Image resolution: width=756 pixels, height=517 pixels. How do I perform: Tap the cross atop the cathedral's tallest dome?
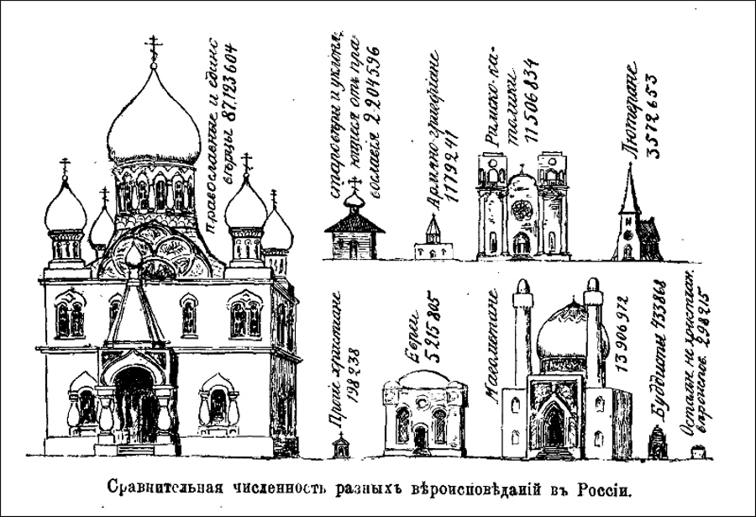point(154,45)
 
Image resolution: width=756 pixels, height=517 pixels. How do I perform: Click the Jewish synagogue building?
point(424,416)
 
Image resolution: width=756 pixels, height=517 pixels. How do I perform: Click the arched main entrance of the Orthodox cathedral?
point(134,404)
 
